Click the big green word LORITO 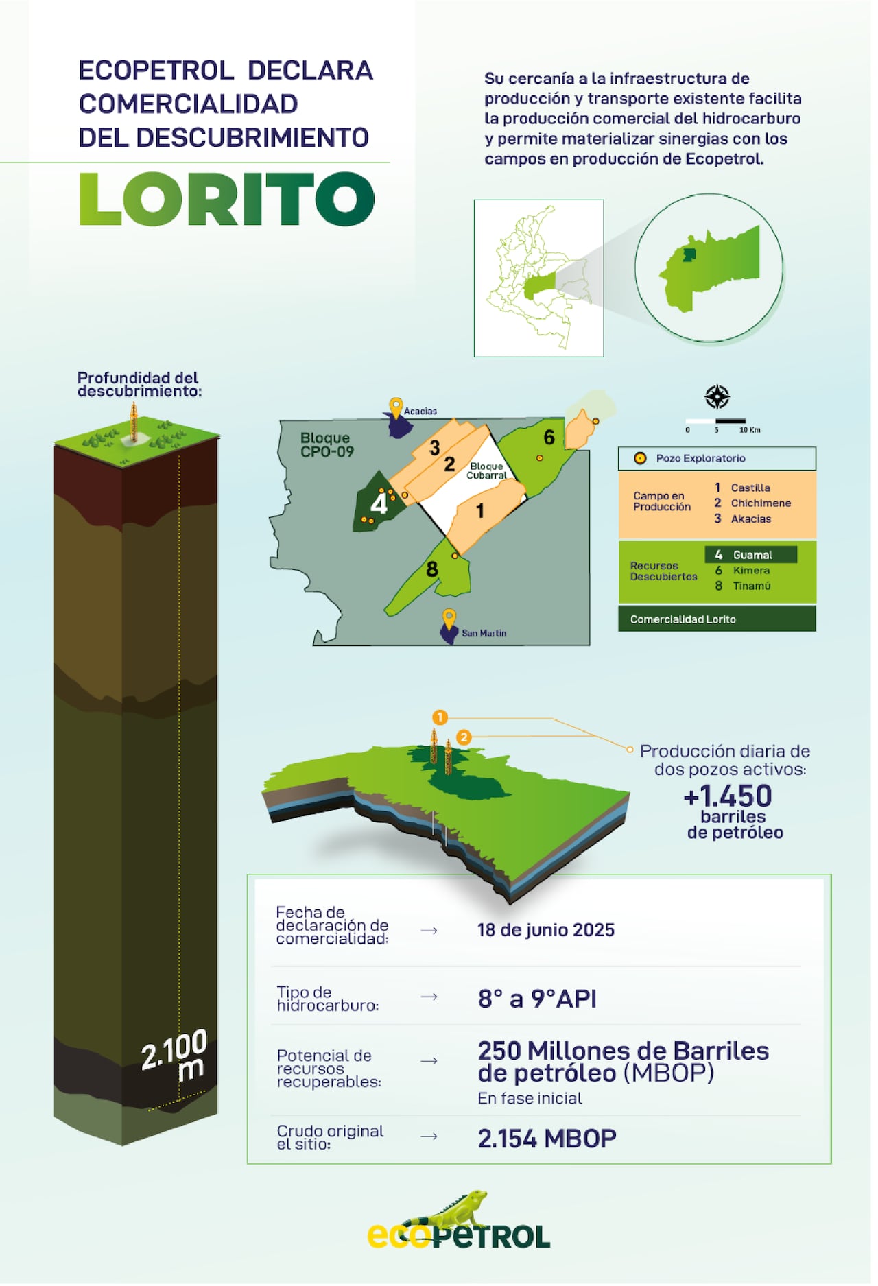226,199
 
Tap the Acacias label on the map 420,412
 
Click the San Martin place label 484,633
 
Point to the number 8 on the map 431,569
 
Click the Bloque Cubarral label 486,471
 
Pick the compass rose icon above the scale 717,396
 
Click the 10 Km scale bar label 749,430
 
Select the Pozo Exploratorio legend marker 640,458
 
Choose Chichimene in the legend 761,503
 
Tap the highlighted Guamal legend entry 751,554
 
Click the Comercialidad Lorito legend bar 717,619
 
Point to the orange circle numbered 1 440,717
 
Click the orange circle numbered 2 464,737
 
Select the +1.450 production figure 728,796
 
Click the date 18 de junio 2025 545,930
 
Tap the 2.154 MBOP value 547,1139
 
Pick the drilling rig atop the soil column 134,422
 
